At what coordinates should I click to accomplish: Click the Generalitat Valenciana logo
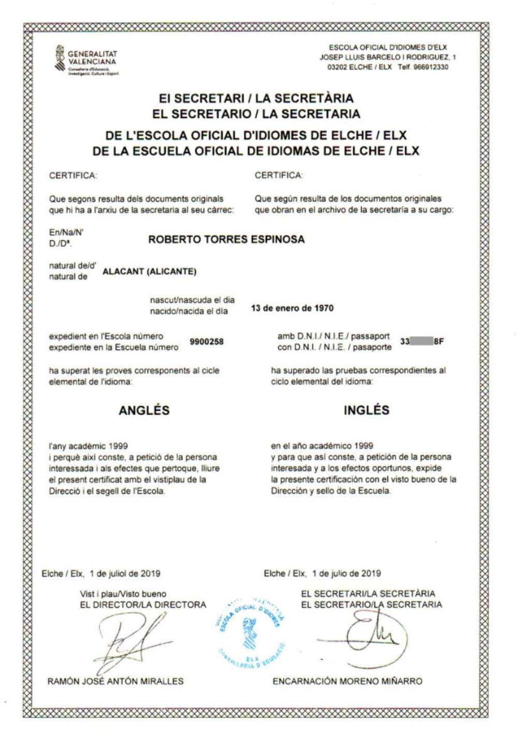point(86,60)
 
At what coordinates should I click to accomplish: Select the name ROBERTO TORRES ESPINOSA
point(226,239)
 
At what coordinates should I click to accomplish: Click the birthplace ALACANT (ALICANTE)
point(150,272)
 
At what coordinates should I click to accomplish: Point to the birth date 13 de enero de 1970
point(292,308)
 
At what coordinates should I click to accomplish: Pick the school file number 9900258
point(207,342)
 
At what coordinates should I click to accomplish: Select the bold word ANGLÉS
point(144,410)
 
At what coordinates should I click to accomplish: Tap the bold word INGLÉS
point(366,410)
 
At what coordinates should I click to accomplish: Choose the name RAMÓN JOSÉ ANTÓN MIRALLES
point(116,681)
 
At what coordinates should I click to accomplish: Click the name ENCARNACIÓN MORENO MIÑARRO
point(347,681)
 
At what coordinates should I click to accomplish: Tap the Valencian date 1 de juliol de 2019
point(124,573)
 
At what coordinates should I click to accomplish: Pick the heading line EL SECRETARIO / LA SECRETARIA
point(256,114)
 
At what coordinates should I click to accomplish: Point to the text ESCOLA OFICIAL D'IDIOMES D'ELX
point(387,48)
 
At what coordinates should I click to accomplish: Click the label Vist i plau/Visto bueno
point(123,594)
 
